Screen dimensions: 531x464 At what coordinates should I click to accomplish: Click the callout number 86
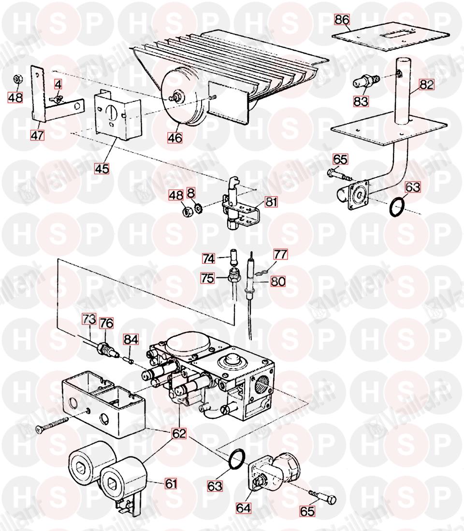(x=342, y=20)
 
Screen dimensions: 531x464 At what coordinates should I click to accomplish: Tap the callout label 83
(x=361, y=101)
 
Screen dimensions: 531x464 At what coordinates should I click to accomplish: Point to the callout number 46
(x=175, y=138)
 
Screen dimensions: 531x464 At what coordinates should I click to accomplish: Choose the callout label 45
(x=102, y=169)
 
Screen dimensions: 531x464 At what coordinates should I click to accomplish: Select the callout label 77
(x=280, y=254)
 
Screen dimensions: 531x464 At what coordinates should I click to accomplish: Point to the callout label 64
(x=244, y=508)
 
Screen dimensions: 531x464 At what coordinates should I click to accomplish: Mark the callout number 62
(x=179, y=433)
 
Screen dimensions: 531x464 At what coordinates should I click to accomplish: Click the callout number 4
(x=58, y=84)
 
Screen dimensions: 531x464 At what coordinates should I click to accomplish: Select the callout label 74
(x=209, y=258)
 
